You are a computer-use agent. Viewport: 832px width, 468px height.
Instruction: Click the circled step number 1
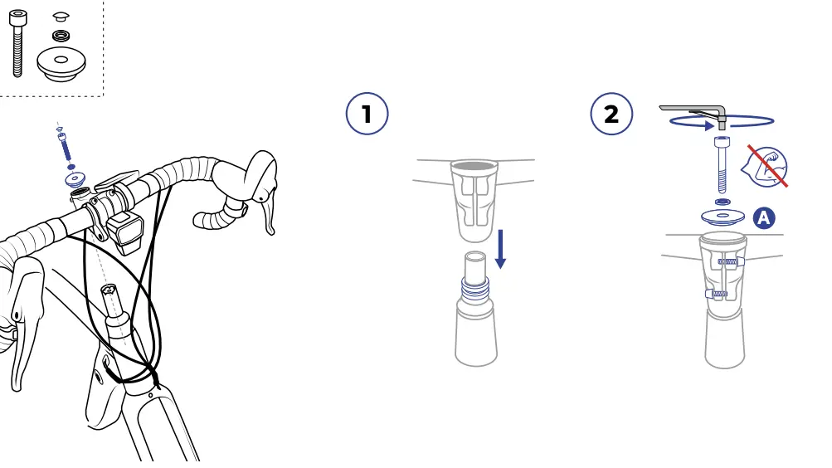367,114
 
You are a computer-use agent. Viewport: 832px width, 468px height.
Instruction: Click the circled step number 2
611,114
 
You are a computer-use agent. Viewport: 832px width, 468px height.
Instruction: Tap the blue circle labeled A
763,217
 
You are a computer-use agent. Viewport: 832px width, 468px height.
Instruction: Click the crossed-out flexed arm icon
766,166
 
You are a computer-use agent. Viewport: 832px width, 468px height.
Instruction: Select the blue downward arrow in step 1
500,249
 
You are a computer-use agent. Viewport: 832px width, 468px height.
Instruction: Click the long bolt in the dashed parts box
17,43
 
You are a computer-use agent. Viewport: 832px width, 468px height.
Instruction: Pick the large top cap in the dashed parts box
61,64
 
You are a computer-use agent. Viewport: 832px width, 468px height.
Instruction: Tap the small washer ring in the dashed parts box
61,36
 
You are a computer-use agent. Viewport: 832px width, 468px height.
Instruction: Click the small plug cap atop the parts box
61,17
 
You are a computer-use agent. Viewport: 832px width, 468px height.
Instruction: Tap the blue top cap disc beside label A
723,217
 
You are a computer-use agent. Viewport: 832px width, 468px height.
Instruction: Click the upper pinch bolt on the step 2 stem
731,261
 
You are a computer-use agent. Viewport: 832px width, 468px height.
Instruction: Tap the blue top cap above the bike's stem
75,178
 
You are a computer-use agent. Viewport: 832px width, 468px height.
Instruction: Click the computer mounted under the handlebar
124,232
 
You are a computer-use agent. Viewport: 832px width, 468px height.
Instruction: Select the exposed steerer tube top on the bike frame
109,290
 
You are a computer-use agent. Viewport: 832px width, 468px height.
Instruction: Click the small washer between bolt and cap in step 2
723,202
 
